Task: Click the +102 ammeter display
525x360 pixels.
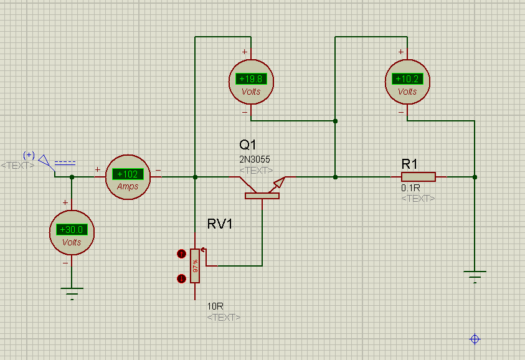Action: pos(128,174)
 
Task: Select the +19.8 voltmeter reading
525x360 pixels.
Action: pos(251,79)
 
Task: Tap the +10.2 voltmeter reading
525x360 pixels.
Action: pos(407,79)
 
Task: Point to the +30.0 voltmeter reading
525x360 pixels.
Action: pos(72,230)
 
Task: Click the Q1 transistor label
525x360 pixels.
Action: pos(248,144)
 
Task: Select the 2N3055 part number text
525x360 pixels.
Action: pos(255,159)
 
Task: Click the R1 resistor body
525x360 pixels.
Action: pos(418,177)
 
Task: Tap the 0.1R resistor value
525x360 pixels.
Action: pos(410,188)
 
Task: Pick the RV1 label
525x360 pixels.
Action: pos(220,224)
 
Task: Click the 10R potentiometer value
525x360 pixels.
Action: pos(215,306)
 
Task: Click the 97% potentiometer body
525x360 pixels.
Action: pos(195,266)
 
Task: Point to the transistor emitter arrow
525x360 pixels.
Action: pos(279,184)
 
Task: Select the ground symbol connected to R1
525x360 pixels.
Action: pos(475,277)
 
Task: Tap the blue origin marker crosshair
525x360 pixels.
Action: pos(475,339)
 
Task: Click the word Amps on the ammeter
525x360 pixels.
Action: pos(128,186)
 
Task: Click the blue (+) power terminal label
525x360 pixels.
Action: pos(29,155)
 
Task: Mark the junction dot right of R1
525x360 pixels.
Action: pos(475,177)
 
